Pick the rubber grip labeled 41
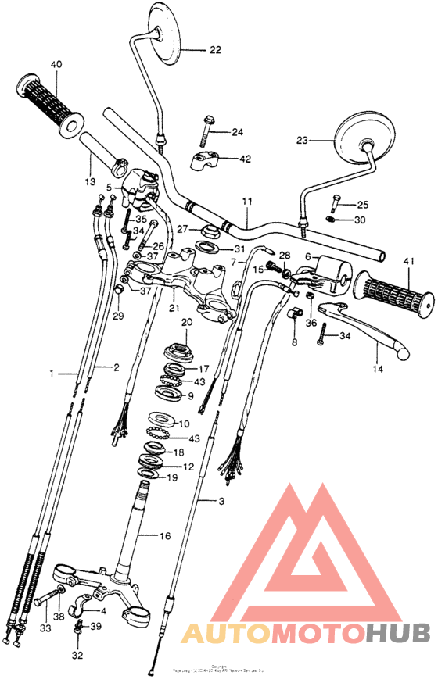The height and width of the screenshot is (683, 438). coord(393,291)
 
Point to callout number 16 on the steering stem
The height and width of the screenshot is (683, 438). coord(165,537)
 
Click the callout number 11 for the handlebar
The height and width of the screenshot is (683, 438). coord(247,202)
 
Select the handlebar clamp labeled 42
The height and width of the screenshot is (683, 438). coord(206,162)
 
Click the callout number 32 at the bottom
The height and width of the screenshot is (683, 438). coord(76,655)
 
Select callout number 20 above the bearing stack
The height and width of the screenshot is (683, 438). coord(186,323)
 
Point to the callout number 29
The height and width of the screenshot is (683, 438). coord(119,316)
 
